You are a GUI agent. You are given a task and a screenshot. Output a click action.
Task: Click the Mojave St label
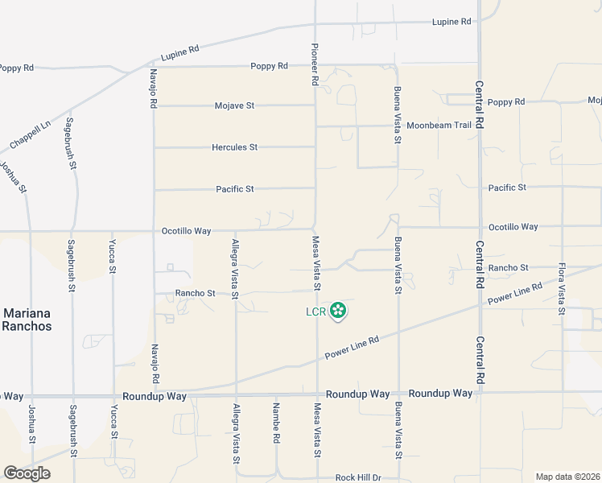pos(234,105)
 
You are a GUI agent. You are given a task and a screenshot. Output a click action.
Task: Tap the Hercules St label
pos(234,147)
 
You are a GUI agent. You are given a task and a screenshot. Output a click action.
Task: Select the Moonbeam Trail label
pos(439,126)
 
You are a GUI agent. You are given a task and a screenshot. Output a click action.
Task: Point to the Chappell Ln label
pos(30,134)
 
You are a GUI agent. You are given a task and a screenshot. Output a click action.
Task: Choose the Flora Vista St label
pos(561,287)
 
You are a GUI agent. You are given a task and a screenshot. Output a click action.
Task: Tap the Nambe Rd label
pos(276,423)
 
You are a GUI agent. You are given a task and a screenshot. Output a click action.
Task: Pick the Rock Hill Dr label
pos(358,477)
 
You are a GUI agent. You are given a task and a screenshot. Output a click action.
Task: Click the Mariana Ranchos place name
pos(27,320)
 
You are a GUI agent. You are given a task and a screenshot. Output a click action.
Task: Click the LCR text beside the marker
pos(315,312)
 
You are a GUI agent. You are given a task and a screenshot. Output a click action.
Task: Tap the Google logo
pos(27,473)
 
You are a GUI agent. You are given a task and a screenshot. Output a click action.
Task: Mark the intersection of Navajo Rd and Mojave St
pos(154,105)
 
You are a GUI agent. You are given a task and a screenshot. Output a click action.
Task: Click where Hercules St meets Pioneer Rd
pos(315,147)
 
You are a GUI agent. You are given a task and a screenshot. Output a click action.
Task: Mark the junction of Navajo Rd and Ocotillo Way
pos(154,231)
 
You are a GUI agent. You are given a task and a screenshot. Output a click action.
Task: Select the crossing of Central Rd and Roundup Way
pos(480,394)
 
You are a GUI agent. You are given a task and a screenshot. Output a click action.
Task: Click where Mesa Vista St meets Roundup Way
pos(317,395)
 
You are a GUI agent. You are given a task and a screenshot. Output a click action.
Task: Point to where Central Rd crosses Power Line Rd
pos(480,304)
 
